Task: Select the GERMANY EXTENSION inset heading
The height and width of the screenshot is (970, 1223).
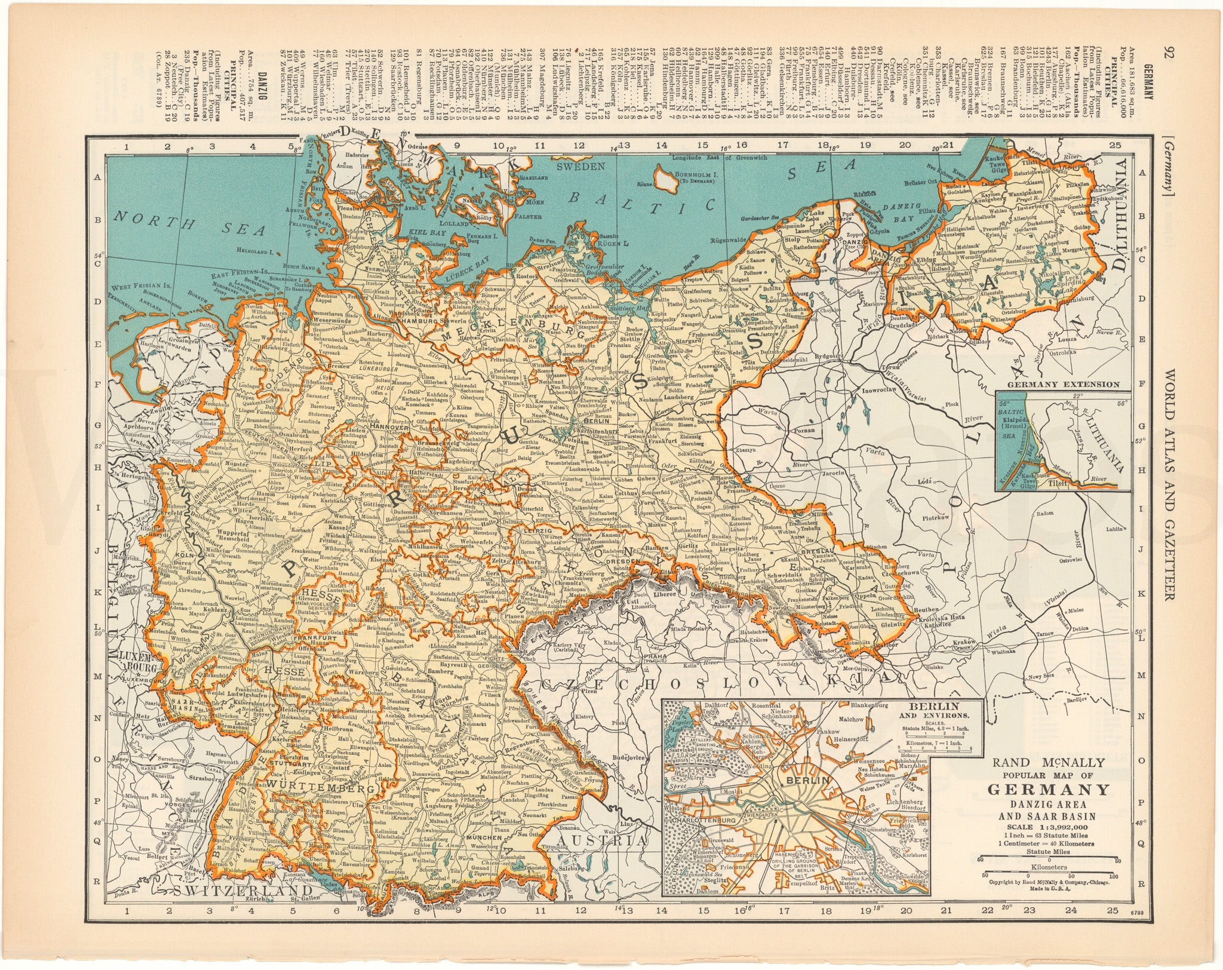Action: point(1064,384)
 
